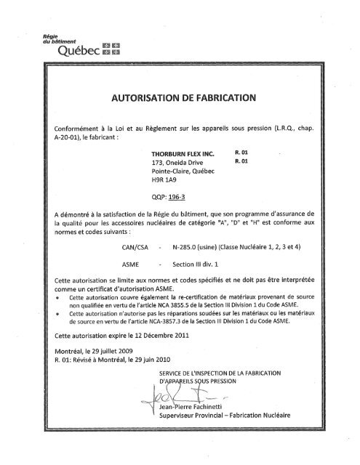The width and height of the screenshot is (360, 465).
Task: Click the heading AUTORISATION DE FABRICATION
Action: tap(180, 97)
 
